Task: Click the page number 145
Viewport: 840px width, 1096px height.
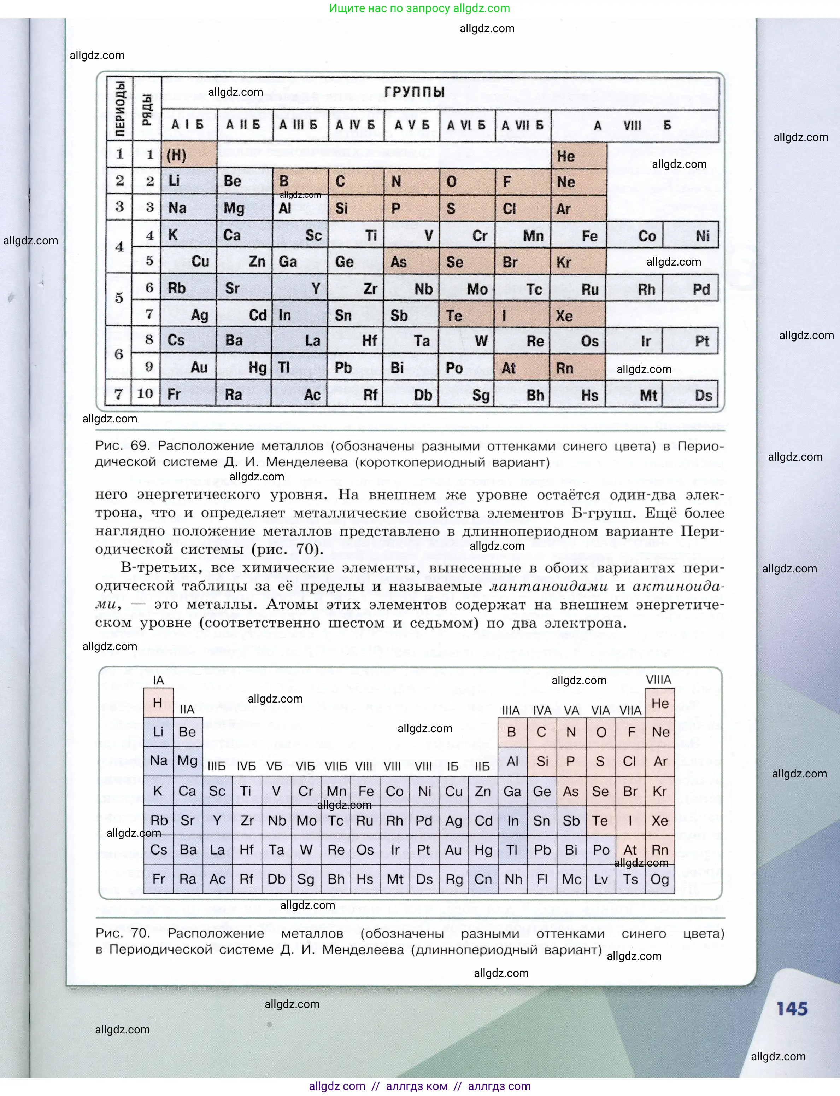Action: point(792,1008)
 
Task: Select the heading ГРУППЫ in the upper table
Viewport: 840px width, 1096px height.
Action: point(414,92)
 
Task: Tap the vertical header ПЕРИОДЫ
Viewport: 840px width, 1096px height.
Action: point(120,109)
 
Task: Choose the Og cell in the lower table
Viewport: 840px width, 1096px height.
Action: point(659,879)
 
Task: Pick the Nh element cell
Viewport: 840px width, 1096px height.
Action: point(513,879)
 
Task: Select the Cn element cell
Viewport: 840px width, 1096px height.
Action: point(483,879)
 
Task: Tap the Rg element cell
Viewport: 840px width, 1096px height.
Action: point(454,879)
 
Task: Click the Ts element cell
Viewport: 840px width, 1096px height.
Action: point(630,879)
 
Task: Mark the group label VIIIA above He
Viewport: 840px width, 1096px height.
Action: point(658,680)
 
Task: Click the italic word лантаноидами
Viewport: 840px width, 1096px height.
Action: point(548,586)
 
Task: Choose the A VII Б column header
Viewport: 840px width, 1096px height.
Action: point(523,125)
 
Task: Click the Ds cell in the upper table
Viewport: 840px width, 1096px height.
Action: point(703,395)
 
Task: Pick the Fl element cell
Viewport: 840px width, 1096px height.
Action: point(542,879)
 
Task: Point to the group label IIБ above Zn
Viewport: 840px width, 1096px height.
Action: point(482,766)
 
